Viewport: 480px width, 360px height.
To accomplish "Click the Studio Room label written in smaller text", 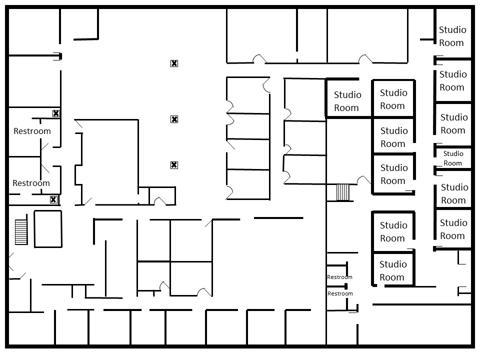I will [453, 158].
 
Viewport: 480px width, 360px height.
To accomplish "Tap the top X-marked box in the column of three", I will [174, 63].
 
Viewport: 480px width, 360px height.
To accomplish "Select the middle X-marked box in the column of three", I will [174, 119].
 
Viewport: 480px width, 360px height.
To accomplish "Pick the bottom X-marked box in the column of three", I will [174, 165].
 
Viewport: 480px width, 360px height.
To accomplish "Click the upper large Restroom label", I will [32, 131].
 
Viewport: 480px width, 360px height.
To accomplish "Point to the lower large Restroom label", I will [31, 183].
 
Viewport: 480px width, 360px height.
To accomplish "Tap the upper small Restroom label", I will [339, 277].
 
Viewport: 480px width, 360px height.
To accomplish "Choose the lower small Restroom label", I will [340, 293].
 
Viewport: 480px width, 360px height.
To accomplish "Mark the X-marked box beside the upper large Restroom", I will [56, 113].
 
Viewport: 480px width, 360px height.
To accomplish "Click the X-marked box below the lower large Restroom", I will [53, 200].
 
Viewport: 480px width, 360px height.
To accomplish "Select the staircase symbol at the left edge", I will [21, 232].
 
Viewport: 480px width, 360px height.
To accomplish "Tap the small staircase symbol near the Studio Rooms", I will [342, 192].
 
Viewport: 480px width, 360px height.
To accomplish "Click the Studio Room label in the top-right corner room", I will [452, 36].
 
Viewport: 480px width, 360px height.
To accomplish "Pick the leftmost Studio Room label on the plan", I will [347, 101].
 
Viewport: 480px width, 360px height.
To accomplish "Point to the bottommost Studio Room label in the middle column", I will [392, 270].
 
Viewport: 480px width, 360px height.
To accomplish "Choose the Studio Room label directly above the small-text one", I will [453, 123].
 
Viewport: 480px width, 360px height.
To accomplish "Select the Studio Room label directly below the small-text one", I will [454, 193].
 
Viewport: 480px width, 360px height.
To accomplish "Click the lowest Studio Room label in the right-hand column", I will [453, 229].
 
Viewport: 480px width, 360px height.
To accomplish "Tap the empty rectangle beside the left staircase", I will [48, 229].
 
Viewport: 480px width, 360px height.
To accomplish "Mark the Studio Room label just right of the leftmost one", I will [393, 99].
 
